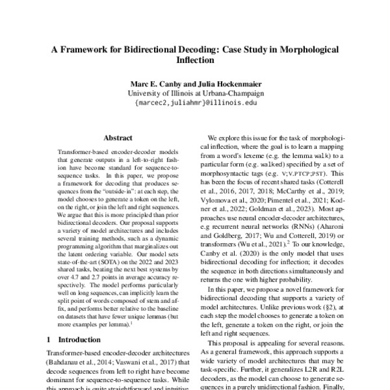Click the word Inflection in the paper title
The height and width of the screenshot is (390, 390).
click(x=194, y=61)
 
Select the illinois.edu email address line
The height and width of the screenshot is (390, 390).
click(x=195, y=102)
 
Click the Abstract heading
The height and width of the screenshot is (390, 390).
click(x=117, y=138)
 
